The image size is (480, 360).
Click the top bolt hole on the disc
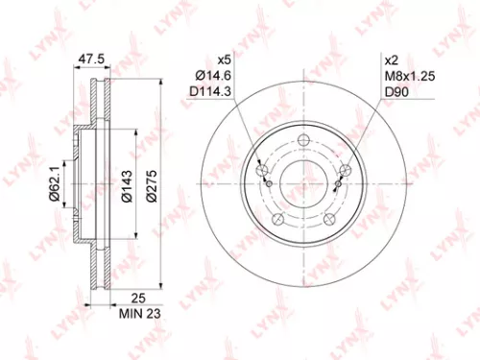304,143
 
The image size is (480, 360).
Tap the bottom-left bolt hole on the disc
279,219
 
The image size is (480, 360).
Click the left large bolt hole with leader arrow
264,172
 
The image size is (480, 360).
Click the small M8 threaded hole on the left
271,185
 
